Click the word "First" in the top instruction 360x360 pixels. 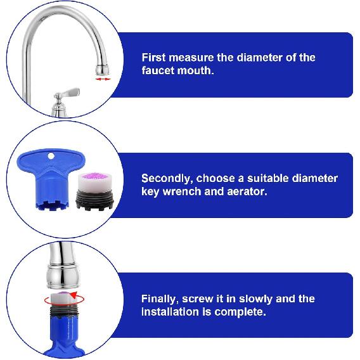(x=154, y=58)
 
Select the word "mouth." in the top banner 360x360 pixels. (x=195, y=71)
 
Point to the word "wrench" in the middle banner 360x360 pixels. (x=188, y=191)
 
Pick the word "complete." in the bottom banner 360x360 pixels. (x=241, y=312)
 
